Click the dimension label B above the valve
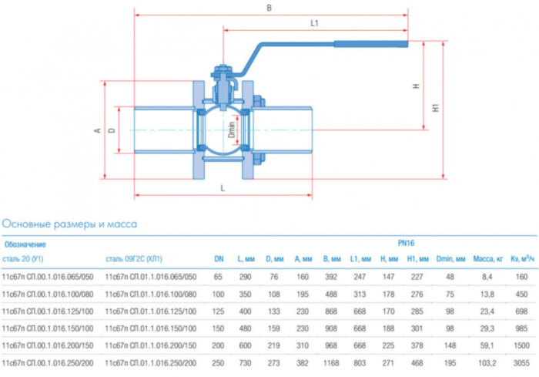click(x=269, y=8)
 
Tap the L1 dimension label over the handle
click(x=315, y=24)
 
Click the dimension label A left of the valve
click(x=98, y=130)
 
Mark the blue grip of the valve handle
click(x=370, y=45)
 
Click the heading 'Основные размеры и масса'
click(x=70, y=224)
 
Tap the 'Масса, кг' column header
click(x=487, y=260)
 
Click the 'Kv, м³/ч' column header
click(x=523, y=260)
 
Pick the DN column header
click(x=218, y=260)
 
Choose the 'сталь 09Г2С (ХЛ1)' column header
click(x=134, y=260)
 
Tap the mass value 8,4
click(x=487, y=277)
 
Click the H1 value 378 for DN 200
click(x=417, y=345)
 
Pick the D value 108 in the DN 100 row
click(x=273, y=294)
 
